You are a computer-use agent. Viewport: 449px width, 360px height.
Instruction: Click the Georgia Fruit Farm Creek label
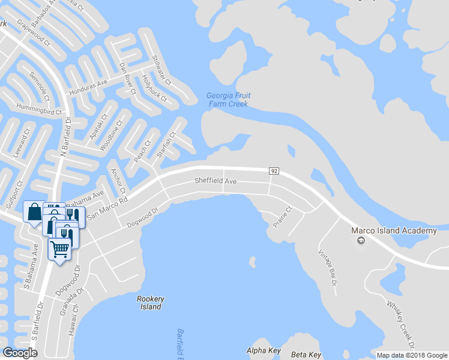pyautogui.click(x=228, y=100)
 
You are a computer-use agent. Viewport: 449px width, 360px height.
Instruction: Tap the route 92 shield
pyautogui.click(x=274, y=171)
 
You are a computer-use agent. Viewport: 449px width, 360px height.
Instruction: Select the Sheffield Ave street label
pyautogui.click(x=215, y=181)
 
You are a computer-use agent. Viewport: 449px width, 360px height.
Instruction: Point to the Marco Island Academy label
pyautogui.click(x=394, y=231)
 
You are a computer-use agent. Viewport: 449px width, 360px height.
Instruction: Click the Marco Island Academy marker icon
pyautogui.click(x=360, y=241)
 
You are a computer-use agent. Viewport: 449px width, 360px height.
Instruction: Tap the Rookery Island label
pyautogui.click(x=151, y=302)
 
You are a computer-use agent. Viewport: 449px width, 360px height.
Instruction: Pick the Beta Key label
pyautogui.click(x=306, y=355)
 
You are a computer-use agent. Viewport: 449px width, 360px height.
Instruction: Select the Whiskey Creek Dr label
pyautogui.click(x=397, y=325)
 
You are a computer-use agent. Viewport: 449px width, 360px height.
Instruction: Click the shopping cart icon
pyautogui.click(x=59, y=248)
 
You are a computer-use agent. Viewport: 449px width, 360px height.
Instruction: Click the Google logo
pyautogui.click(x=20, y=353)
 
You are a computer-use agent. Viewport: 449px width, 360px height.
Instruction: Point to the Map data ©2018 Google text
pyautogui.click(x=411, y=355)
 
